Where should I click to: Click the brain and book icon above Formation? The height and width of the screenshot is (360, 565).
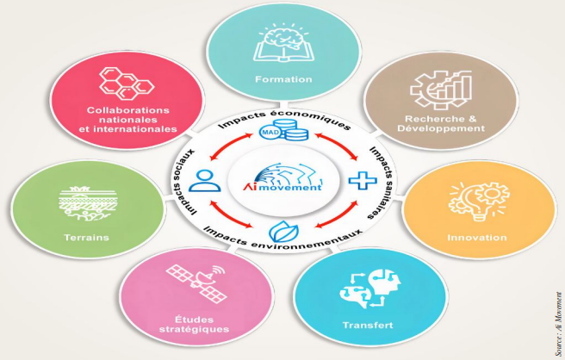coord(282,42)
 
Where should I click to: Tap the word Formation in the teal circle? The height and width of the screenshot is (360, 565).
coord(283,79)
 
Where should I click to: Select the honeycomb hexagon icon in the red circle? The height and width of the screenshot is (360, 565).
coord(127,84)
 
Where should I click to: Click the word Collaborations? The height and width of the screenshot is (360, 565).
coord(128,110)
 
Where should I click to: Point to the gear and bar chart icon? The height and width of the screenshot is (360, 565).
coord(441,90)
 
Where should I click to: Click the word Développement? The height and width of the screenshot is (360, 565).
coord(441,128)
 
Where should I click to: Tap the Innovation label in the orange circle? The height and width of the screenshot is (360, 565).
coord(477,238)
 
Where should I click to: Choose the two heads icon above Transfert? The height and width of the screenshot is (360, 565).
coord(370,288)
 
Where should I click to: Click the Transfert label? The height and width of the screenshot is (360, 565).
coord(368,325)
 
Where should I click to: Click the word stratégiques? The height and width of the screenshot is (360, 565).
coord(195,329)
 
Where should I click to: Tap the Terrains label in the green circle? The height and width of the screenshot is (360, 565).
coord(86,238)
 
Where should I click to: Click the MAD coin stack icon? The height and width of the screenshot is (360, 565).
coord(284,130)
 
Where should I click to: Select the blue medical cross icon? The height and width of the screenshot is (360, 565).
coord(363,180)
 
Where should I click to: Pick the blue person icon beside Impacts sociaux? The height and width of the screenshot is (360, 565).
coord(204,181)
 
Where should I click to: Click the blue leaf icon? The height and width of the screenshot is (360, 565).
coord(284,232)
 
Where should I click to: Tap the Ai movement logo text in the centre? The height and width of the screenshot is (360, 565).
coord(283,187)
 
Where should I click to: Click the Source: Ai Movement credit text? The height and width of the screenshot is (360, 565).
coord(558,324)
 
